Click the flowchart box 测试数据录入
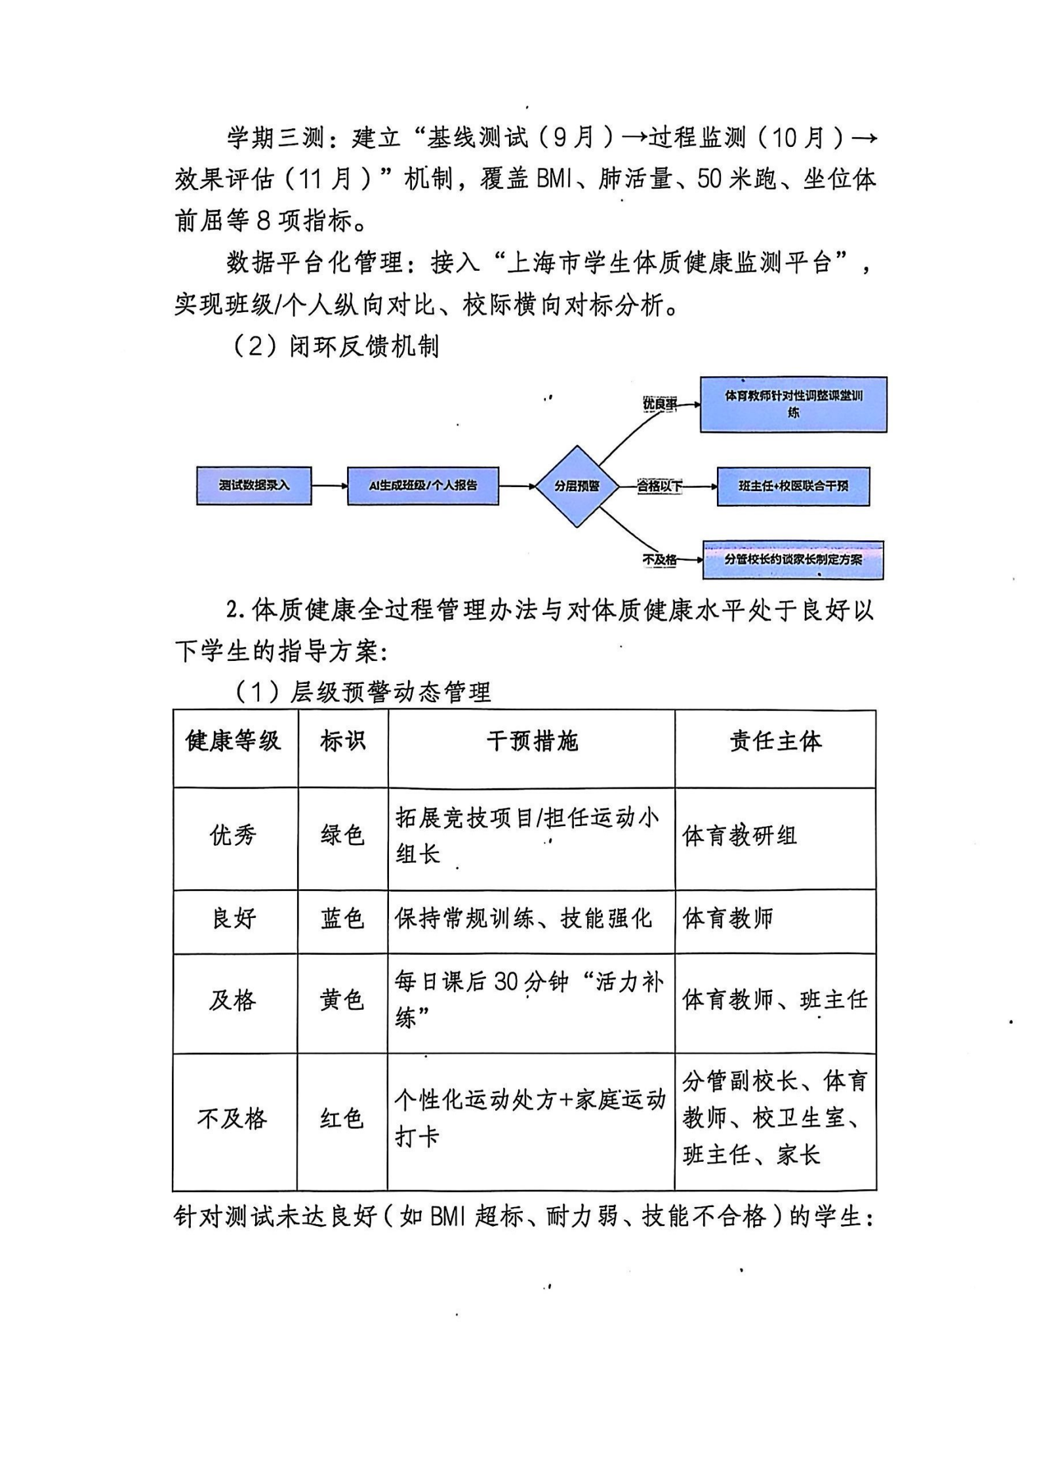tap(254, 486)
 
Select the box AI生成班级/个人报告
tap(422, 486)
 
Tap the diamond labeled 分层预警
tap(577, 487)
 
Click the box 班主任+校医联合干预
tap(793, 487)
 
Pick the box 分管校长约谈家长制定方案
tap(793, 560)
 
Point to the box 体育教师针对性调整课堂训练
tap(793, 405)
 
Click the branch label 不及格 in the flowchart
tap(659, 560)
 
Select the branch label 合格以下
tap(659, 487)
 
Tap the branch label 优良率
tap(659, 405)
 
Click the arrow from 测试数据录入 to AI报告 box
tap(329, 486)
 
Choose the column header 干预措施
tap(531, 742)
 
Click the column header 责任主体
tap(775, 742)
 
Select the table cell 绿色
tap(342, 835)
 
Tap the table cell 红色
tap(342, 1118)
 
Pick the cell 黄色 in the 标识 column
tap(342, 1000)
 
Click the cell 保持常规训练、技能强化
tap(523, 919)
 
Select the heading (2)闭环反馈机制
tap(336, 346)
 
